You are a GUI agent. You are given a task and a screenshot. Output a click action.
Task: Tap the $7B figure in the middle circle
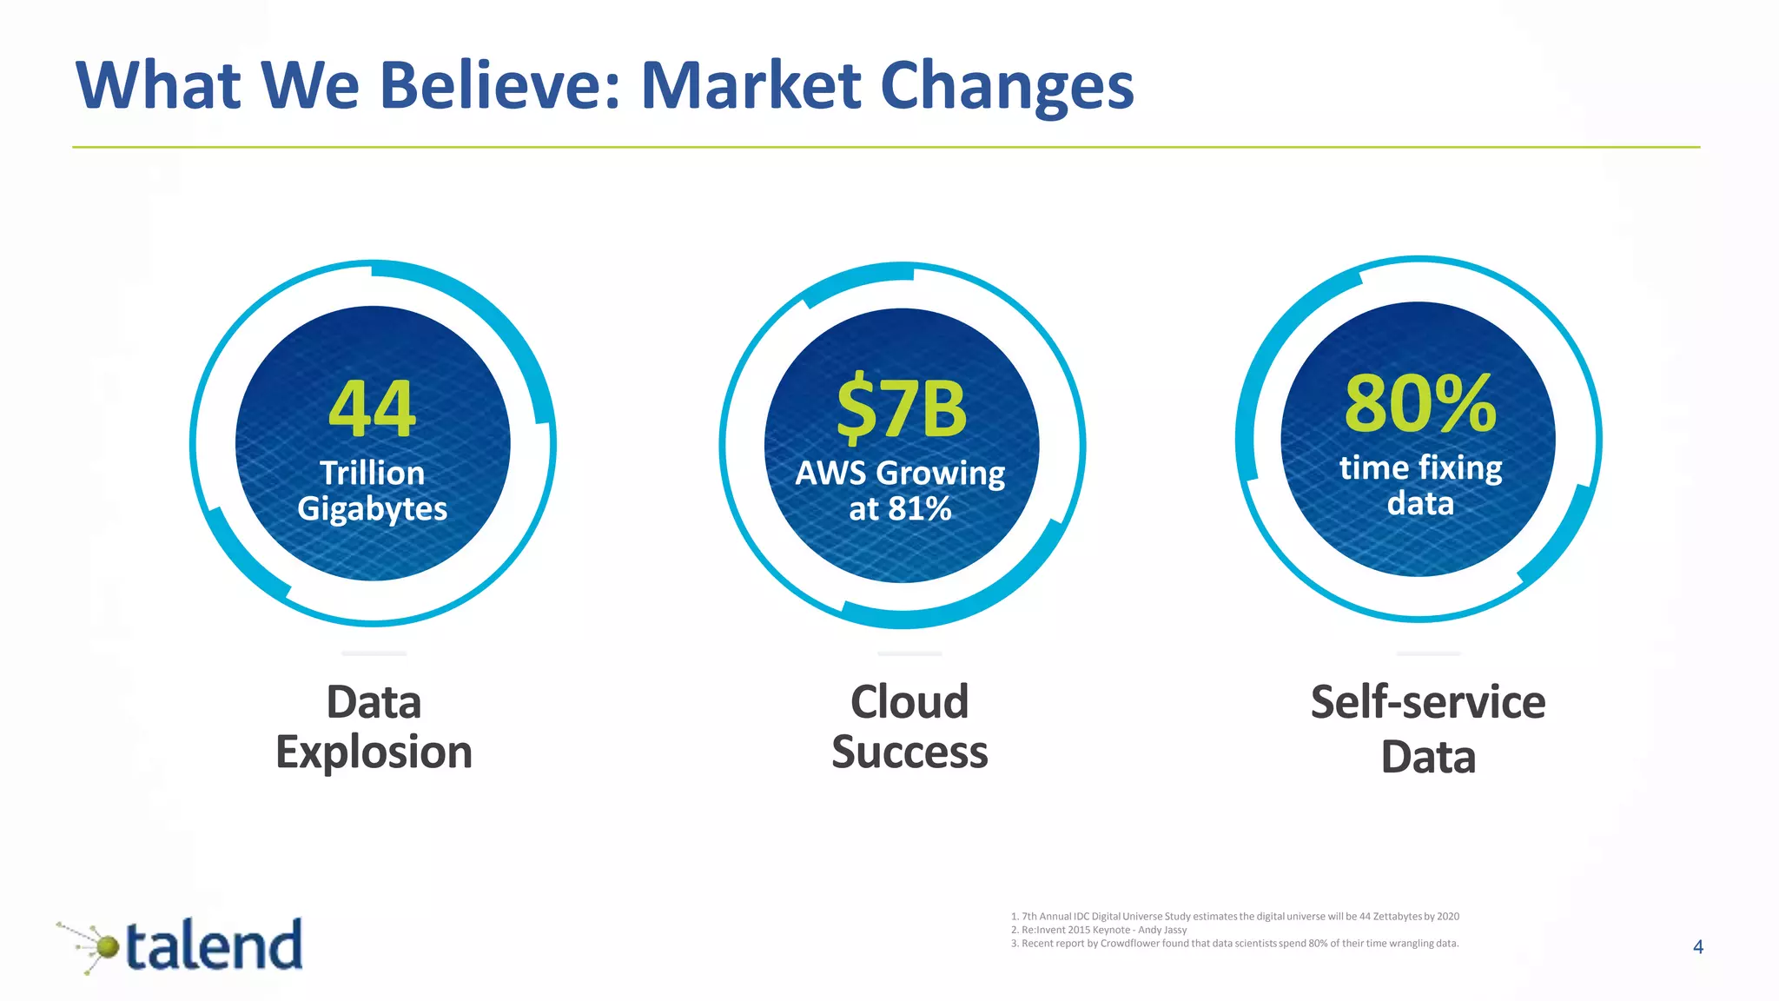901,408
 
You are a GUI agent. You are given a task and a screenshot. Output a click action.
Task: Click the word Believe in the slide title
500,86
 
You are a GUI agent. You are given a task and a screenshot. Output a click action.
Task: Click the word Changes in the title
1007,86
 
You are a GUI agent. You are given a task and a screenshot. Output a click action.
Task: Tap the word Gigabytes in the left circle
372,508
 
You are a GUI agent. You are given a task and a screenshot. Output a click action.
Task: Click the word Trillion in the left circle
372,473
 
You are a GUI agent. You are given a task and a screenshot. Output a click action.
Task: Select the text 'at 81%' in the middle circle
901,508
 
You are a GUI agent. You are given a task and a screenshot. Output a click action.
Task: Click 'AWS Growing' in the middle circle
901,473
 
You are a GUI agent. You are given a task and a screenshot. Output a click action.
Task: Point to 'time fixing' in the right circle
1420,467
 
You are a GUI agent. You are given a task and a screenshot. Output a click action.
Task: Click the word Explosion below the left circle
374,752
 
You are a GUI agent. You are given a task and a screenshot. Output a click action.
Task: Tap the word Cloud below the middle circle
909,701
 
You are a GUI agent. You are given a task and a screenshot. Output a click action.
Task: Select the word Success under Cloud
909,752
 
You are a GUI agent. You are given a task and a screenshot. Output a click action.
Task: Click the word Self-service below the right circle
1427,701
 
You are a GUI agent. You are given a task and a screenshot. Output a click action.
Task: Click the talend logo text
215,945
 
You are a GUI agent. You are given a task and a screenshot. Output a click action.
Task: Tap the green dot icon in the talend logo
107,946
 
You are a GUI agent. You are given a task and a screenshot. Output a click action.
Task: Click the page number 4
1698,947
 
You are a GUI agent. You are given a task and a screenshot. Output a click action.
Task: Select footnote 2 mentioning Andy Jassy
1099,930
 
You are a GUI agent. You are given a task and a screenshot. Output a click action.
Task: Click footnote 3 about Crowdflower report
1234,944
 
